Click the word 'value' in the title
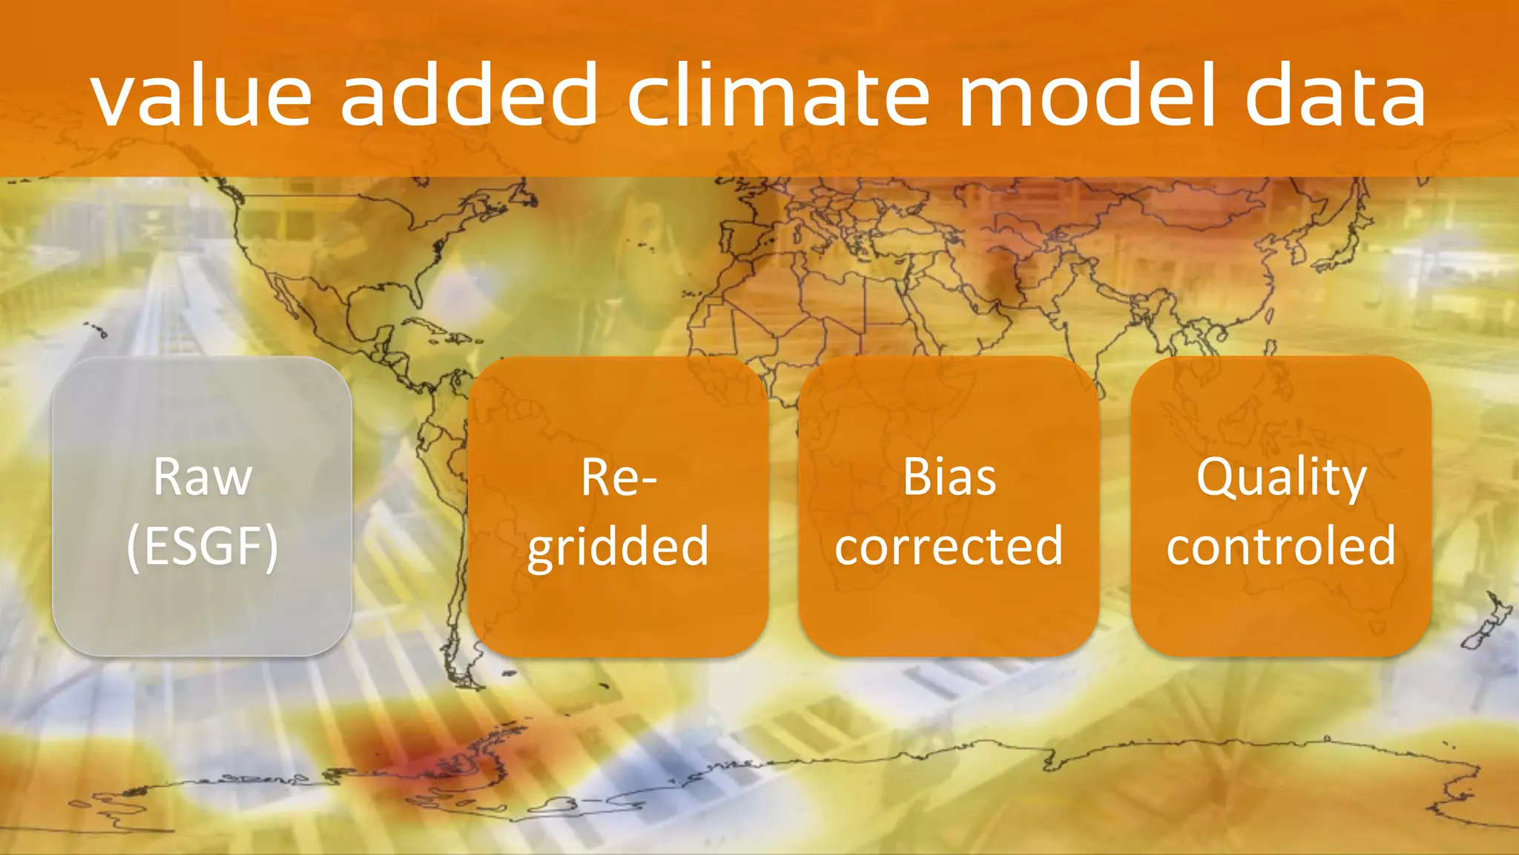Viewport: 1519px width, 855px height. click(200, 96)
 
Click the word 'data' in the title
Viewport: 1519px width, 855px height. click(1334, 96)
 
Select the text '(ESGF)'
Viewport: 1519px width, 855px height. click(202, 546)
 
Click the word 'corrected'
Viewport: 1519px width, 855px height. click(949, 546)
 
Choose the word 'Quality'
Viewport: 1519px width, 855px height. click(1281, 479)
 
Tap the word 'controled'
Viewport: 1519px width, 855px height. click(1281, 546)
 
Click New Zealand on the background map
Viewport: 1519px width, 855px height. click(1487, 623)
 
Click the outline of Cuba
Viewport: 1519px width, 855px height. click(430, 327)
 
